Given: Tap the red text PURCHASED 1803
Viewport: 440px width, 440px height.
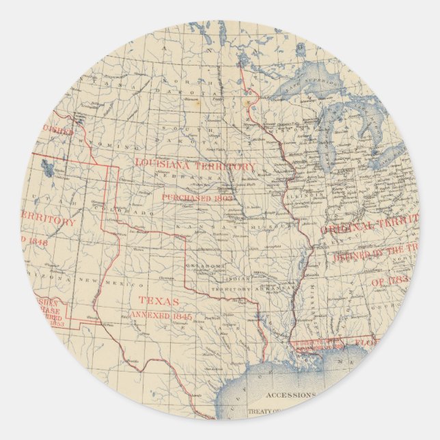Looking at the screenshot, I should pos(193,197).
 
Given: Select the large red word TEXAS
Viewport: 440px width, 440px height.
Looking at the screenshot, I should pos(159,301).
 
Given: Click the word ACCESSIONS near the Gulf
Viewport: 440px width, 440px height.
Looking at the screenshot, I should pos(290,395).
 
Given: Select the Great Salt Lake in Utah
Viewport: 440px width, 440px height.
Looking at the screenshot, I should pos(46,166).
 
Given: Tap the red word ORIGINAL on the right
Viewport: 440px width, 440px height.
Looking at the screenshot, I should pos(346,230).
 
